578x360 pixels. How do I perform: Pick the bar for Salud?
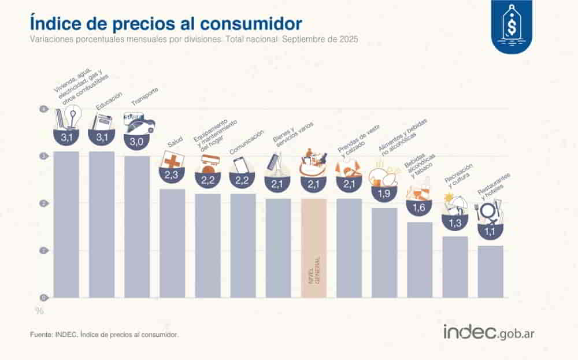(172, 243)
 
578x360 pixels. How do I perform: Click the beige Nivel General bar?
(314, 248)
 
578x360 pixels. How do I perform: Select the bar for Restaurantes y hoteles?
(490, 272)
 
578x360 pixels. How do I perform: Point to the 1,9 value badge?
(384, 195)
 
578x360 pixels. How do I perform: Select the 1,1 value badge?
(490, 232)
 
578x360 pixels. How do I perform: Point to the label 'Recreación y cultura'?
(459, 176)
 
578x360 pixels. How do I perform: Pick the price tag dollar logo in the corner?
(512, 27)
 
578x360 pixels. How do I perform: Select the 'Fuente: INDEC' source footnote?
(104, 335)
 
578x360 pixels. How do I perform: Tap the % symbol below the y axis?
(39, 311)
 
